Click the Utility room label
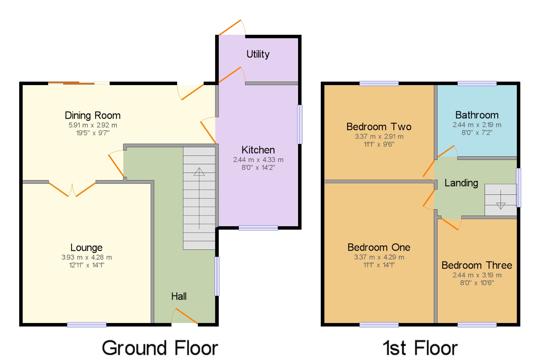258,54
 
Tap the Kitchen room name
258,150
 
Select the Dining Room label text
93,116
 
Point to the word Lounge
86,248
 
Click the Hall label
179,296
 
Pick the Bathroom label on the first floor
477,115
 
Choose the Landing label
461,183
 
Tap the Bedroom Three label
477,265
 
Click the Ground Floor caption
160,348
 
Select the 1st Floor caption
420,348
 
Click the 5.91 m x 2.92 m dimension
93,125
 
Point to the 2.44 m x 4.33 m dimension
258,160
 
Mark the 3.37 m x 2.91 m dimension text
379,136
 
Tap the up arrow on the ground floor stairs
199,198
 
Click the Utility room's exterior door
232,28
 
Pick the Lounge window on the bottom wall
87,325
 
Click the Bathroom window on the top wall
477,83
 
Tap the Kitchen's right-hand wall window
300,124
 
